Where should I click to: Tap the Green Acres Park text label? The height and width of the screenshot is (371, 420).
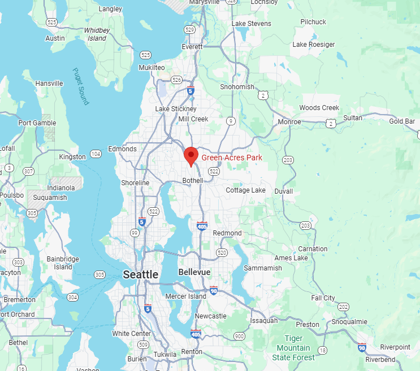point(232,158)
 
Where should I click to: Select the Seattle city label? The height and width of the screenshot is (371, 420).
point(141,274)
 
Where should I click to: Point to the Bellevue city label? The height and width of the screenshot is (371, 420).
point(194,272)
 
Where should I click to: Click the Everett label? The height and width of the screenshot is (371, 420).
point(192,47)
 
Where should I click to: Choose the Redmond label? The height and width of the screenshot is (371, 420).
point(227,233)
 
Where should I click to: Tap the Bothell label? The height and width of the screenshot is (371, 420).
point(193,181)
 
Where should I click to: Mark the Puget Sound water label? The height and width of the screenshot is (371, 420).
point(81,86)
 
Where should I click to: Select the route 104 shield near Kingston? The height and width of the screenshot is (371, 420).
point(96,154)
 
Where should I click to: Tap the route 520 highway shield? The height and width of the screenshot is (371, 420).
point(221,252)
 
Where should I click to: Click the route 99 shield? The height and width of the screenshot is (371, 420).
point(135,233)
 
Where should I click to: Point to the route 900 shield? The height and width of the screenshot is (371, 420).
point(240,337)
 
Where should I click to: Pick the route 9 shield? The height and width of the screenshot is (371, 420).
point(231,121)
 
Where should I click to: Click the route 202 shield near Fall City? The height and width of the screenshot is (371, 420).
point(344,307)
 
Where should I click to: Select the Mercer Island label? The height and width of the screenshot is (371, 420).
point(186,296)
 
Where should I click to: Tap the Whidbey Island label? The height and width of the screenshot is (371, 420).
point(96,34)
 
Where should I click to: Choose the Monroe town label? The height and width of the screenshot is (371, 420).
point(289,122)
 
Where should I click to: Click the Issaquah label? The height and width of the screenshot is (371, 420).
point(263,320)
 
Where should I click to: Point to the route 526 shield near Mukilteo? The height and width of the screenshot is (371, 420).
point(177,80)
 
